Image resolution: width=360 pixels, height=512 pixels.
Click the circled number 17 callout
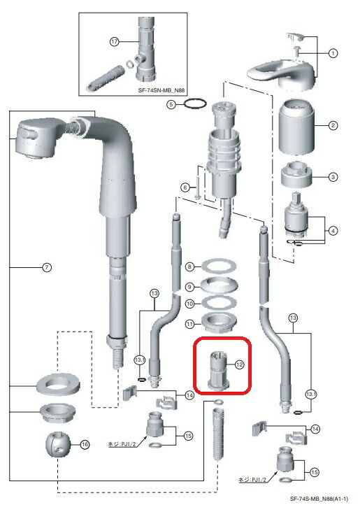[x=114, y=42]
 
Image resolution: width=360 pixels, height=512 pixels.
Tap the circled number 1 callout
[x=333, y=53]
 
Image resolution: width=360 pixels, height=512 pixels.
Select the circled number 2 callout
[x=333, y=125]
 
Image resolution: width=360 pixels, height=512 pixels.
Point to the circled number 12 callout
[x=240, y=364]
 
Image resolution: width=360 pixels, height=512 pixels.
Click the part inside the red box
[x=218, y=370]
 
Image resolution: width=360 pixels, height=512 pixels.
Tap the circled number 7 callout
[x=47, y=267]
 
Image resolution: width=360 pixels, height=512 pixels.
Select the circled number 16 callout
[x=85, y=444]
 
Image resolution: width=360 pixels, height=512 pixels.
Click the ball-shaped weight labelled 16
[x=58, y=446]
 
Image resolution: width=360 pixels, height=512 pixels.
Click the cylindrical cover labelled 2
[x=296, y=127]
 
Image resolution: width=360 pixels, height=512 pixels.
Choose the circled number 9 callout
[x=189, y=287]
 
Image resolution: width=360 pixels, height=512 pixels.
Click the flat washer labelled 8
[x=219, y=266]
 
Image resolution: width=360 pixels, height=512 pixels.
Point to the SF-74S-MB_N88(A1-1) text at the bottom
[x=319, y=499]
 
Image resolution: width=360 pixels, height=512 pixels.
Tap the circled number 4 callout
[x=333, y=231]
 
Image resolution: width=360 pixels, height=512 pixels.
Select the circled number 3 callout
[x=333, y=177]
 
